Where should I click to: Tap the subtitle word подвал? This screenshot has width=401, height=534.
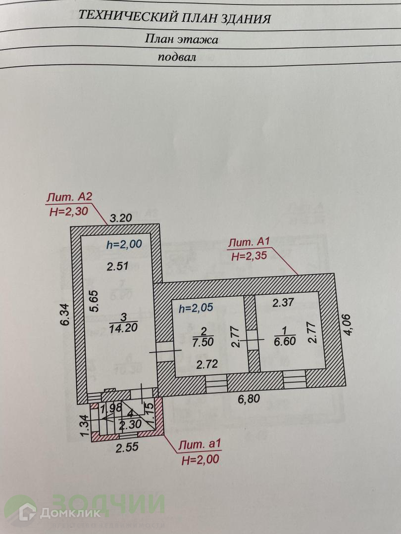click(177, 57)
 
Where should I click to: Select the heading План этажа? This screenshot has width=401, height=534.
click(181, 39)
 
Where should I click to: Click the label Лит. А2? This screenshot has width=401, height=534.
click(69, 197)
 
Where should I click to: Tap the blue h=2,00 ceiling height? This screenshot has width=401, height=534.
click(124, 243)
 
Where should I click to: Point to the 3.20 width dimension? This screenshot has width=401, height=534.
click(121, 218)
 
